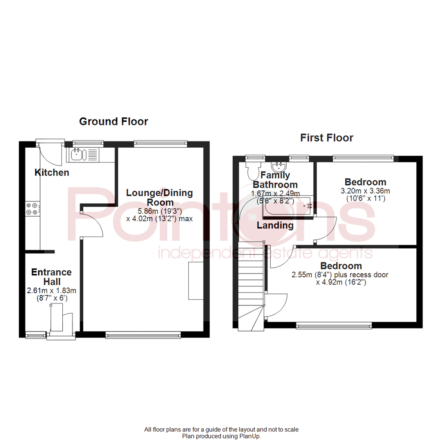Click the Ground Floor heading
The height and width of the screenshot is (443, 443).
tap(113, 121)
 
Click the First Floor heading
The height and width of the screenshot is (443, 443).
tap(327, 138)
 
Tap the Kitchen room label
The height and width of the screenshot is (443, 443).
tap(52, 173)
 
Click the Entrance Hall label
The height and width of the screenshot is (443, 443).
tap(52, 277)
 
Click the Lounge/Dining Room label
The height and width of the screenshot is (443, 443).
tap(159, 197)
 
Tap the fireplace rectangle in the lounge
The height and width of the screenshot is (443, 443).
tap(196, 281)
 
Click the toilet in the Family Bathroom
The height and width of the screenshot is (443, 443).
tap(252, 169)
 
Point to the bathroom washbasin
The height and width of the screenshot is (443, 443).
tap(279, 167)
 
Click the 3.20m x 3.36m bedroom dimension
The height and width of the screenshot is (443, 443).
tap(365, 191)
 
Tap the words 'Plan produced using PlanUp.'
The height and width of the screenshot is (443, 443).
tap(221, 436)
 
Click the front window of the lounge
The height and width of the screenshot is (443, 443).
tap(143, 335)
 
